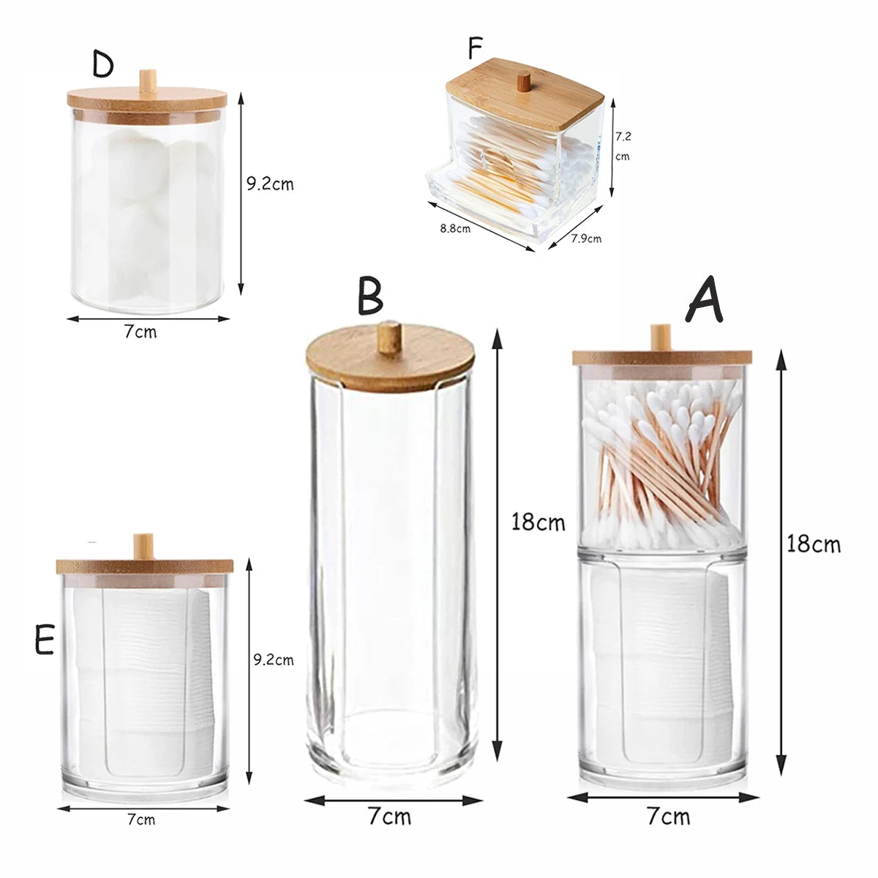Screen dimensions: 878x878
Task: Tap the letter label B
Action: [x=370, y=296]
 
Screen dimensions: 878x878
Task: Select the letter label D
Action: [x=103, y=64]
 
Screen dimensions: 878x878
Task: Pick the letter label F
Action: [x=476, y=49]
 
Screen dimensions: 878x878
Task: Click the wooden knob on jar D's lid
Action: [x=149, y=80]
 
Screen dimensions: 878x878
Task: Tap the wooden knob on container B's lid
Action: [x=389, y=336]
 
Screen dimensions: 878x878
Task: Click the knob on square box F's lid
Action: [x=523, y=80]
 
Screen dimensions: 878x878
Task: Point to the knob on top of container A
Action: [x=661, y=337]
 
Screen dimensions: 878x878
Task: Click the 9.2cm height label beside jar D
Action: [x=269, y=184]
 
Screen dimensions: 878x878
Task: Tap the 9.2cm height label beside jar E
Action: [x=273, y=660]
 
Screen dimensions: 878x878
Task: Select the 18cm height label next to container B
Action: [x=538, y=522]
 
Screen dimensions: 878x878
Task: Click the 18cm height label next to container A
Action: [x=814, y=544]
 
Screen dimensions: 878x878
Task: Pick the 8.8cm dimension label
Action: [x=454, y=228]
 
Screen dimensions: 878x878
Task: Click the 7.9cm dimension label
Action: [x=585, y=239]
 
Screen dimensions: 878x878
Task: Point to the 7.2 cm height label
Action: [x=622, y=146]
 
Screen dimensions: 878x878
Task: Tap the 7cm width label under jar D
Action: [x=140, y=331]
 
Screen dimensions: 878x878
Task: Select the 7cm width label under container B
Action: [x=389, y=816]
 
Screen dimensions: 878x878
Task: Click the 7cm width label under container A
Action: [x=668, y=816]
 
